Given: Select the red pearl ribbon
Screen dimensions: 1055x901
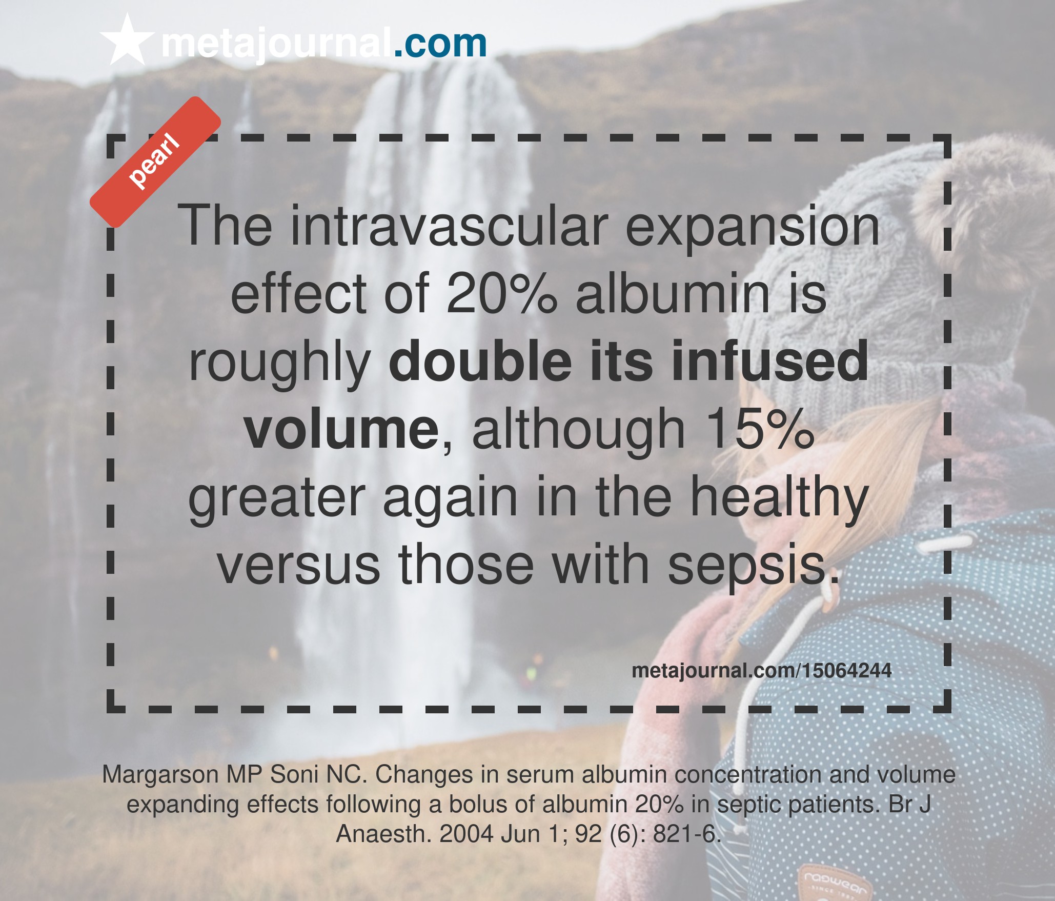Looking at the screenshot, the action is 155,162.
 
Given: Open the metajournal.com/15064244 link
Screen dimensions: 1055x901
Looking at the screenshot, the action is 762,671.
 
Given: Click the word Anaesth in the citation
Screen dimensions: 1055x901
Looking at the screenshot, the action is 384,834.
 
